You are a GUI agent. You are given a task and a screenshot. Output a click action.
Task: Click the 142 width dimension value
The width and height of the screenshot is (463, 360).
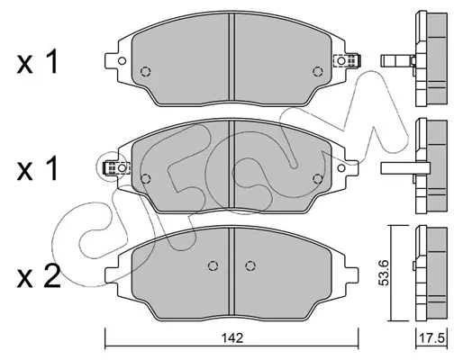pos(232,338)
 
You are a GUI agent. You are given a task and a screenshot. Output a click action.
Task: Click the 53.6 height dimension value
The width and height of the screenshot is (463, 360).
pos(384,273)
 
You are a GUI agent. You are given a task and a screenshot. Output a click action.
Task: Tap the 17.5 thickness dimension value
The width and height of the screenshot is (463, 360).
pos(431,339)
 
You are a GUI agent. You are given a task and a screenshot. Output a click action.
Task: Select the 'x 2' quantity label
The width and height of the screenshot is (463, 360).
pos(38,276)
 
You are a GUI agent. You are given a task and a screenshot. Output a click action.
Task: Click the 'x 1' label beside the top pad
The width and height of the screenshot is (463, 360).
pos(37,62)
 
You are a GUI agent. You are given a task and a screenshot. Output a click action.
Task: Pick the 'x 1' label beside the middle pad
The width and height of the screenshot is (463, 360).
pos(37,169)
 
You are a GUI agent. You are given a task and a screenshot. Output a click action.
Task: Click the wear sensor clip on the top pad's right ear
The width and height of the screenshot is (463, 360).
pos(348,61)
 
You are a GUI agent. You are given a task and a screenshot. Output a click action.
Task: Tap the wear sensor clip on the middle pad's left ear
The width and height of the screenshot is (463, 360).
pos(116,168)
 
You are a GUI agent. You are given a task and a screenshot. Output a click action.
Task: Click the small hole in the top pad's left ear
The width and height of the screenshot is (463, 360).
pos(122,61)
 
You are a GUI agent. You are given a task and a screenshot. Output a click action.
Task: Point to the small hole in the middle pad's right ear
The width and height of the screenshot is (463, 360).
pos(341,168)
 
